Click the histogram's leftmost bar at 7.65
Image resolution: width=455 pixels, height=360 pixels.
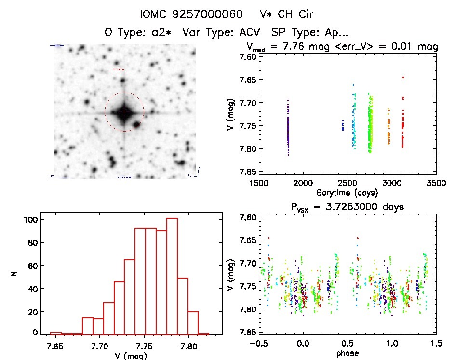56,333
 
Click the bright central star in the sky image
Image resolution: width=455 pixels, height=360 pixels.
124,112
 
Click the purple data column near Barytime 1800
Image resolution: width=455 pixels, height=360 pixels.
288,128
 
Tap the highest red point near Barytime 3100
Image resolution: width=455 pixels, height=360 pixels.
403,77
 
